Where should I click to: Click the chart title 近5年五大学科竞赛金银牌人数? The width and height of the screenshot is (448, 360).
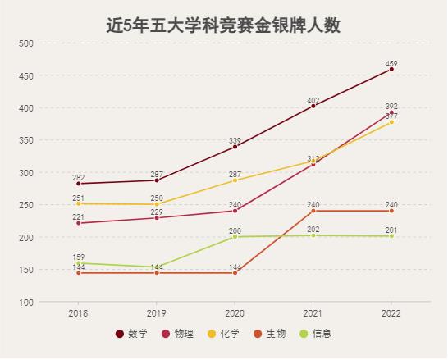(223, 25)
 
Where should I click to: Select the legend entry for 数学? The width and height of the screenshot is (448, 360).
(132, 334)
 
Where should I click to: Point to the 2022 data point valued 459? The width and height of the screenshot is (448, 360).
(391, 69)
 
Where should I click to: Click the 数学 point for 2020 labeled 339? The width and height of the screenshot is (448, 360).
(235, 147)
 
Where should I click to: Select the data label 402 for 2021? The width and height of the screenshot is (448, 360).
(313, 100)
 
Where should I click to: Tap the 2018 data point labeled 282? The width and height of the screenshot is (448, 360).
(79, 184)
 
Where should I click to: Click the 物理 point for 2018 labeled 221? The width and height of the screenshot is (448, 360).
(79, 223)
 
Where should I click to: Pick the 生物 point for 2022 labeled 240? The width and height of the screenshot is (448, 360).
(391, 211)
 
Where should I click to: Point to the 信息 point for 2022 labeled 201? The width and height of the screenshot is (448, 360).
(391, 236)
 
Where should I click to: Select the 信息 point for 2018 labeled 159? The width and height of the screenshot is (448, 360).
(79, 263)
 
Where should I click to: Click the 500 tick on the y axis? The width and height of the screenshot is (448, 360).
(26, 43)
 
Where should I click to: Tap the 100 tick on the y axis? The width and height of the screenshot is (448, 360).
(26, 303)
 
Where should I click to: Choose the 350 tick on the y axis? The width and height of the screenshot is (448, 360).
(26, 140)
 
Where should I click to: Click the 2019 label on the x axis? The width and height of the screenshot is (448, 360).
(157, 313)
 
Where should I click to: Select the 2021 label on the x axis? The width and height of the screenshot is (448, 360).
(313, 313)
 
